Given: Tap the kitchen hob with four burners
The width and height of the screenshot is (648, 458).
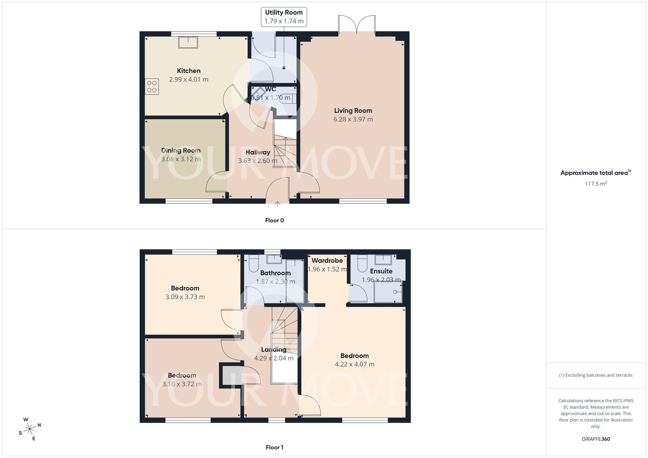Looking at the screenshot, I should [x=152, y=86].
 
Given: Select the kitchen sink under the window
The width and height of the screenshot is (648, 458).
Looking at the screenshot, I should [x=188, y=43].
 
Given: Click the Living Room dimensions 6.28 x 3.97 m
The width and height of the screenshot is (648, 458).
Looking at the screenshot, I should [x=353, y=120].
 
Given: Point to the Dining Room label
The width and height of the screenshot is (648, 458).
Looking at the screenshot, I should [x=181, y=151].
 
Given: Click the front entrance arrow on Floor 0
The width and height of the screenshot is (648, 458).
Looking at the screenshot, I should [x=277, y=204].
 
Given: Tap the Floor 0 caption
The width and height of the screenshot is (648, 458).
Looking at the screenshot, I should [x=274, y=221].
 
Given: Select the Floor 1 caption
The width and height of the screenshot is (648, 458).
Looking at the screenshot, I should [x=274, y=447].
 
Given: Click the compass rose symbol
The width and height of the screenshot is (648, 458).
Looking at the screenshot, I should [x=30, y=429].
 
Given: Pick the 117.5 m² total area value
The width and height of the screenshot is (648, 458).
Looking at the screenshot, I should [x=596, y=184].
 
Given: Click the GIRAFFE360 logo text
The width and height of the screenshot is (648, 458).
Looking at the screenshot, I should [x=596, y=439].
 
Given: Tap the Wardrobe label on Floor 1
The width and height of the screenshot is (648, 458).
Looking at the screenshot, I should [x=327, y=261].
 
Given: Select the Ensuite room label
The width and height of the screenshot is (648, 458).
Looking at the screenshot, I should [x=381, y=271].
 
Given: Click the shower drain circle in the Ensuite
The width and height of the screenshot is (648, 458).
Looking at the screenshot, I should [x=395, y=292].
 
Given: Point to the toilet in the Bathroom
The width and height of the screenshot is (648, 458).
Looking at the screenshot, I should [x=253, y=264].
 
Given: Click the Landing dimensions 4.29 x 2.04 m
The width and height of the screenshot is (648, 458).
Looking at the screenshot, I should [x=274, y=358].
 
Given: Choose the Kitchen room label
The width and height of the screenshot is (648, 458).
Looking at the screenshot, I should [x=189, y=71].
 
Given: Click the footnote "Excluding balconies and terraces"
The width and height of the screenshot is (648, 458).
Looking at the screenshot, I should [x=596, y=375].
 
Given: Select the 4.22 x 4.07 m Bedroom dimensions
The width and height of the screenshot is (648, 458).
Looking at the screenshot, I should [x=354, y=364].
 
